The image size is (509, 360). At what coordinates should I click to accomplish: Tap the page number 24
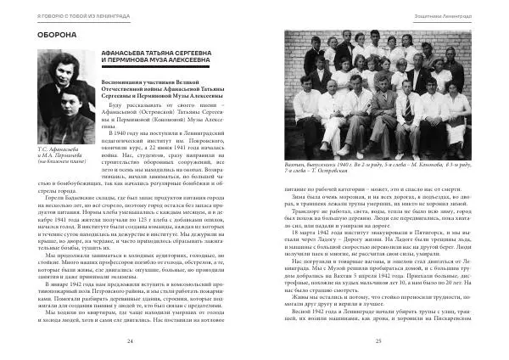(130, 340)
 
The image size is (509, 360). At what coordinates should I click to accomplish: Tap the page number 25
(377, 340)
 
